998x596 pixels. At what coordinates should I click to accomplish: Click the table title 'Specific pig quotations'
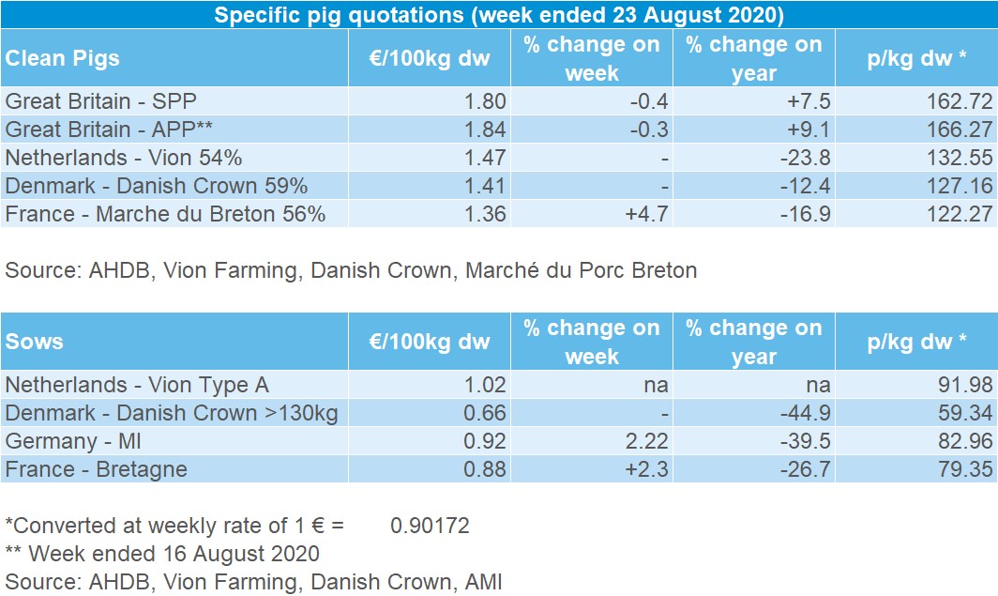click(x=499, y=15)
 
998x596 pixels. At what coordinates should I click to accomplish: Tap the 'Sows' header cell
click(x=35, y=342)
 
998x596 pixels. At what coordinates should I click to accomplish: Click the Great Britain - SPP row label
click(x=101, y=100)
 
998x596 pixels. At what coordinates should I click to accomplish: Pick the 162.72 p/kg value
click(x=955, y=100)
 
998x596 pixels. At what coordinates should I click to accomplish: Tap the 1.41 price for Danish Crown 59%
click(x=486, y=185)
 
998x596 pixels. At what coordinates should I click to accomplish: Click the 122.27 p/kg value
click(x=955, y=213)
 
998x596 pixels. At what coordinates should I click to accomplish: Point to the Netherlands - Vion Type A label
click(x=137, y=385)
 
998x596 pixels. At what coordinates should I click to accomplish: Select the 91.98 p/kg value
click(x=960, y=385)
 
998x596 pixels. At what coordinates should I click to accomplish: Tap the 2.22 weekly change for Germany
click(x=646, y=441)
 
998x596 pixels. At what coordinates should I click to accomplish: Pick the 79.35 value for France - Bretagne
click(x=960, y=469)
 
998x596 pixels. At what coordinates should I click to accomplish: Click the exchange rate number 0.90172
click(x=430, y=526)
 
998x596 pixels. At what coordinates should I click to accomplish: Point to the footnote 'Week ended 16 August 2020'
click(x=173, y=554)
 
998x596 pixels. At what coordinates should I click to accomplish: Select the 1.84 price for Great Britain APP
click(x=486, y=129)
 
